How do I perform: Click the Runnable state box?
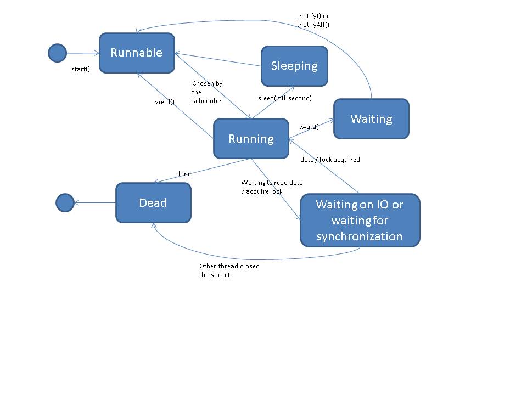137,53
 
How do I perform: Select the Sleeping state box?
294,66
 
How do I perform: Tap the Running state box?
251,139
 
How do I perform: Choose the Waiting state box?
371,119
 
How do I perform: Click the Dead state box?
153,203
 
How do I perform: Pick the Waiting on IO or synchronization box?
360,220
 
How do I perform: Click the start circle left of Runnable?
57,53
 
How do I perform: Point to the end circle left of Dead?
65,202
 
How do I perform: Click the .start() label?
80,70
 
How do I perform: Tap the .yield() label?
164,102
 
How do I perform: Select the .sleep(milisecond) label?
284,98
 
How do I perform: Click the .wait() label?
309,127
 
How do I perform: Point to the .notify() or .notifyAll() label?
313,20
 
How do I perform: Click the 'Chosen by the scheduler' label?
207,92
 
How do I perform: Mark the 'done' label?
183,174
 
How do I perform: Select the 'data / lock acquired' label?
330,160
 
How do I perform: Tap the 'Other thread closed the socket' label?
229,270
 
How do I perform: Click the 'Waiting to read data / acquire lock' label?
272,187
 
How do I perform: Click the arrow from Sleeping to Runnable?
218,60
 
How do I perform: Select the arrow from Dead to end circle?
95,203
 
